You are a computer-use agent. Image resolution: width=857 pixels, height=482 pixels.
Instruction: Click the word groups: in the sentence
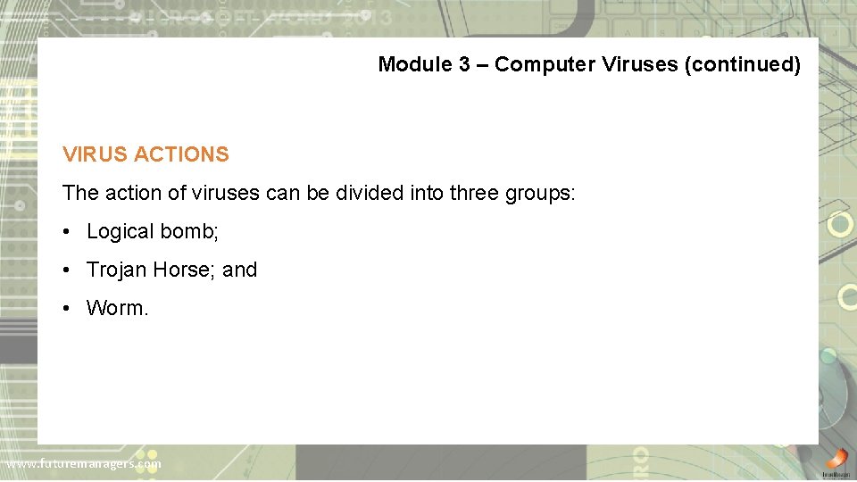click(x=541, y=193)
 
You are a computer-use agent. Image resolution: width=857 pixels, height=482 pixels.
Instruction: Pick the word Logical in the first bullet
click(x=121, y=232)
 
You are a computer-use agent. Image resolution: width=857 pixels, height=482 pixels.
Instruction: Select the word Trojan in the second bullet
click(x=117, y=270)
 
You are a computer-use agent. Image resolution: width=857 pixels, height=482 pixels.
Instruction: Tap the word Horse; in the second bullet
click(x=185, y=270)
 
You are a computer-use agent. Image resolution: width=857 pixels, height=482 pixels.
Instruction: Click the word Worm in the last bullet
click(x=114, y=309)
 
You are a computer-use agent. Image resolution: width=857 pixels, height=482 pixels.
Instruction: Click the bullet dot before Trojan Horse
click(x=67, y=270)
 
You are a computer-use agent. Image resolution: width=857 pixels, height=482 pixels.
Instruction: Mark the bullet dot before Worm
click(x=67, y=309)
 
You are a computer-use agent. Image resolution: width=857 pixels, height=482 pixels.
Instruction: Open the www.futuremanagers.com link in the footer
click(x=83, y=464)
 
